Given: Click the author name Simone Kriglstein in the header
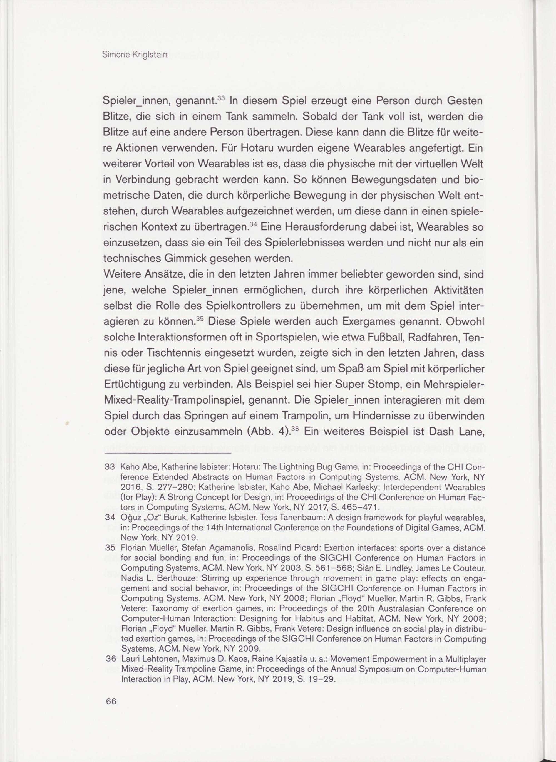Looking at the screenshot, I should [x=135, y=55].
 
